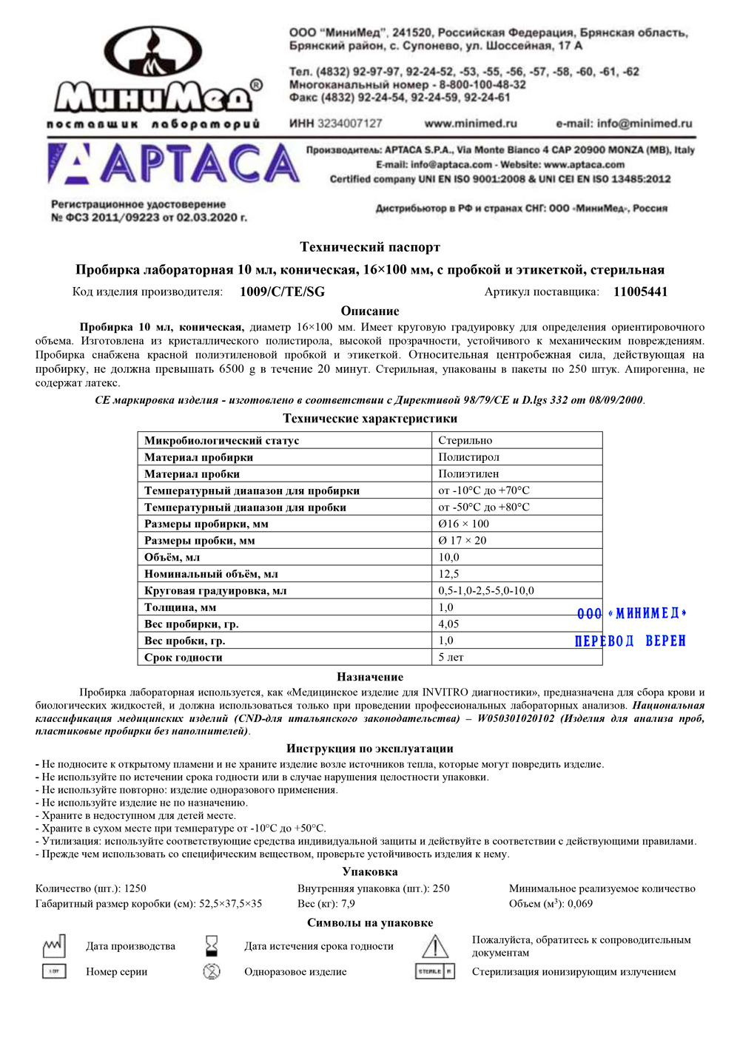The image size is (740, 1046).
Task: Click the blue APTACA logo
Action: [x=174, y=164]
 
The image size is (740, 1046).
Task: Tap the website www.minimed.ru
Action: [x=471, y=124]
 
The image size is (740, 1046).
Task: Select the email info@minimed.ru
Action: [x=624, y=124]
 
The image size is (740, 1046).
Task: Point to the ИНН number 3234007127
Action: [x=349, y=124]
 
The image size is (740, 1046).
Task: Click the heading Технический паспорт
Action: [x=370, y=247]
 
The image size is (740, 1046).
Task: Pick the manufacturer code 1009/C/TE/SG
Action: [x=282, y=291]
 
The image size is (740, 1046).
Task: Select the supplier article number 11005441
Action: [x=640, y=291]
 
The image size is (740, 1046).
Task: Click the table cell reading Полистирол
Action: [x=468, y=457]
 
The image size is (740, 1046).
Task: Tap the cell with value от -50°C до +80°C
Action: [x=484, y=507]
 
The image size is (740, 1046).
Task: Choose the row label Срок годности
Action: [x=184, y=657]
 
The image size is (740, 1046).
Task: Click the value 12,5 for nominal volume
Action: [x=448, y=573]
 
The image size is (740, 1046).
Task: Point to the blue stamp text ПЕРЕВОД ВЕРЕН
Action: [x=630, y=641]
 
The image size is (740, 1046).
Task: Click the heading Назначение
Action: [x=370, y=677]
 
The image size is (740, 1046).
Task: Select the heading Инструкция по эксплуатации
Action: [x=370, y=749]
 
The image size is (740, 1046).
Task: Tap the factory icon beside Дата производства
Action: [x=54, y=945]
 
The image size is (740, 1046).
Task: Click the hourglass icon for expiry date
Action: [x=212, y=945]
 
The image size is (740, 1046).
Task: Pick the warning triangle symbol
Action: [x=435, y=946]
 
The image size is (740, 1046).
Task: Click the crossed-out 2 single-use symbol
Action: [x=212, y=971]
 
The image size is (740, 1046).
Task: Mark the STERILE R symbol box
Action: [x=435, y=971]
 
